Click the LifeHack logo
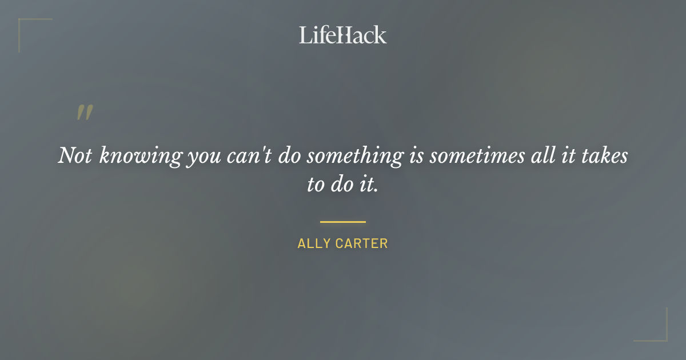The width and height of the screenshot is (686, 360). [x=343, y=35]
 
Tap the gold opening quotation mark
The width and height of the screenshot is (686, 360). [x=84, y=113]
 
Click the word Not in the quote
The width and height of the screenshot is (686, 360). [x=75, y=156]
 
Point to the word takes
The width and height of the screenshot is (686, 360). [x=607, y=156]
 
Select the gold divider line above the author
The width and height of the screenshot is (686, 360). [x=343, y=222]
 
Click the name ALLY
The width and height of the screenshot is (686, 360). [x=314, y=243]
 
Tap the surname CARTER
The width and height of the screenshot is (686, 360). [x=361, y=243]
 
